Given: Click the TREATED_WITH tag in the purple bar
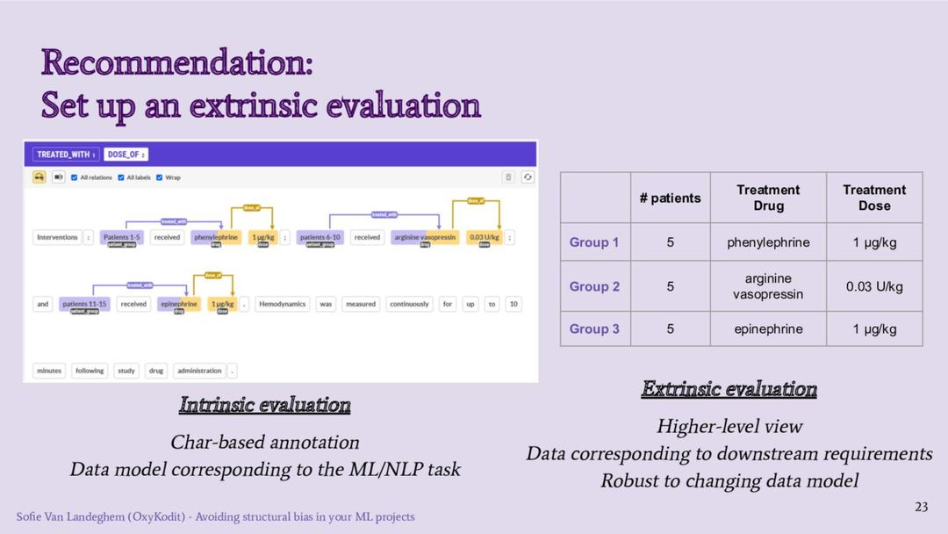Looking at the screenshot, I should click(x=66, y=155).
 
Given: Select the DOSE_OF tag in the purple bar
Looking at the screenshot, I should click(x=126, y=155).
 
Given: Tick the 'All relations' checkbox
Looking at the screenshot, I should click(x=75, y=177).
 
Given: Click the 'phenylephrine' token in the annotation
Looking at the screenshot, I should click(x=216, y=237).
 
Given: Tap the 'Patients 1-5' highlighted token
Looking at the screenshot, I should click(x=121, y=237).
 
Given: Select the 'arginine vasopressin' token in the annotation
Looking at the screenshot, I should click(x=424, y=237).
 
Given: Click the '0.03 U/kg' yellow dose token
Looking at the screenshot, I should click(x=484, y=237).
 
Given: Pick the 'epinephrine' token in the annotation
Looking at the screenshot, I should click(x=179, y=304).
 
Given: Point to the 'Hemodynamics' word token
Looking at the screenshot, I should click(x=282, y=304).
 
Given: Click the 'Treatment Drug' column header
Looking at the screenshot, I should click(x=768, y=198).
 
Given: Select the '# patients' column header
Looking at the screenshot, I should click(x=670, y=198).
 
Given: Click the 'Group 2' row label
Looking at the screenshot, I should click(x=594, y=286).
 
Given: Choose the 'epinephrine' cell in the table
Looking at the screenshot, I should click(x=768, y=329).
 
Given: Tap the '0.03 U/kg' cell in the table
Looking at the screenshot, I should click(x=874, y=286).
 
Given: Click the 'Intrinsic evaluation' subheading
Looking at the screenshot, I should click(x=265, y=405).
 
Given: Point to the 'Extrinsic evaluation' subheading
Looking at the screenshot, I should click(x=729, y=389).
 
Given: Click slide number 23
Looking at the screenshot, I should click(x=921, y=507).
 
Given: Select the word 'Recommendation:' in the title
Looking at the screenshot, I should click(x=176, y=63).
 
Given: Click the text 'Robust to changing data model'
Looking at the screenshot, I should click(x=729, y=481).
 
